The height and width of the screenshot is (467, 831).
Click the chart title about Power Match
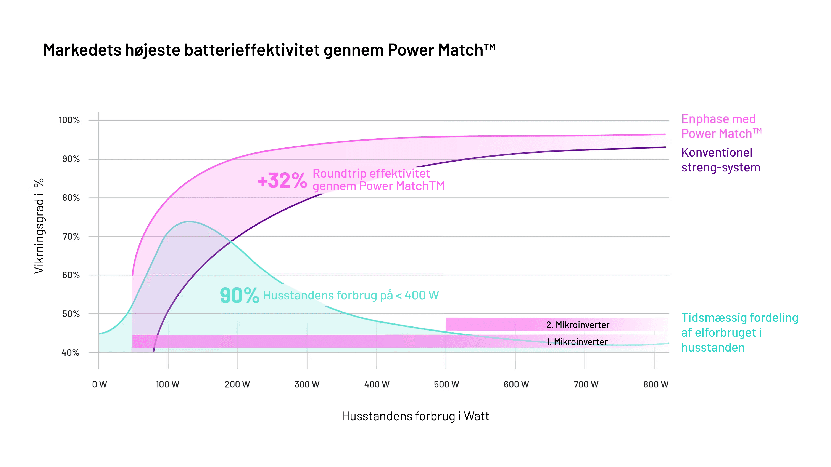click(x=269, y=50)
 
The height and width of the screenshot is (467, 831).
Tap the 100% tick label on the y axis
click(x=69, y=120)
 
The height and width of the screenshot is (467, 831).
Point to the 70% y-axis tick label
click(x=71, y=237)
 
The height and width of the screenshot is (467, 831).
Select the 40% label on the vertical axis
click(x=70, y=353)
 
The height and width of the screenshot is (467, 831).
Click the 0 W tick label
click(x=99, y=384)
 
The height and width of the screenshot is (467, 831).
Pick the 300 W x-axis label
click(x=307, y=384)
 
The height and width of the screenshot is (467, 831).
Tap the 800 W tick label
click(x=655, y=384)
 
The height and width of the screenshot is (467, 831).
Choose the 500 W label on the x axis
click(x=446, y=384)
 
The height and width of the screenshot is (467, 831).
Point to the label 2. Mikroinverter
click(x=577, y=325)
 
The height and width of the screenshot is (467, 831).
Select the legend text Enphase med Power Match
click(x=721, y=126)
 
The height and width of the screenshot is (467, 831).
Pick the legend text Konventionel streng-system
click(x=720, y=160)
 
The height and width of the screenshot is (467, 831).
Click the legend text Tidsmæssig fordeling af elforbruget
click(x=739, y=332)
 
